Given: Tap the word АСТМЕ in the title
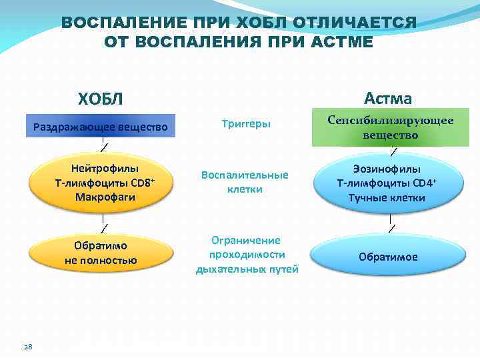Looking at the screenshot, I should (344, 41).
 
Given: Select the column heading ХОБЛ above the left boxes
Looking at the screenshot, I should (101, 99).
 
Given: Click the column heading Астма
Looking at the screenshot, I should (388, 99).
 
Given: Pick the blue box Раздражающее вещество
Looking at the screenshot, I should (101, 126).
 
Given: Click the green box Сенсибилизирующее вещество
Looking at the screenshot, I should (391, 127).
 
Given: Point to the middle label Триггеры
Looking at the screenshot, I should (246, 124).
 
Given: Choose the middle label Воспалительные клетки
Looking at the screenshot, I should (245, 181).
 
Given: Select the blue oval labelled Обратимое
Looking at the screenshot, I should (389, 257).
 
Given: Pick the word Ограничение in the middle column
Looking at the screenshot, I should (246, 240).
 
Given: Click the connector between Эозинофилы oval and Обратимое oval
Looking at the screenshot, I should (391, 226).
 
